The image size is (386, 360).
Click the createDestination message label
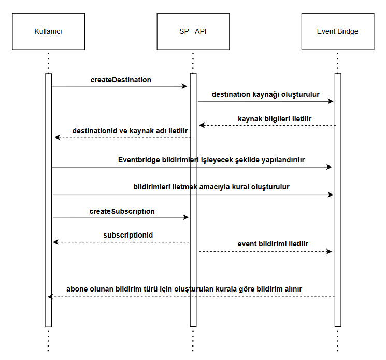[121, 80]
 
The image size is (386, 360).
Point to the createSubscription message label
[122, 212]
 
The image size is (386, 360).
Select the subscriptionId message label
[128, 235]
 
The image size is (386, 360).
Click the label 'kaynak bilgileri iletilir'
[275, 119]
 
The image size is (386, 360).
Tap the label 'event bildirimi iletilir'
[273, 244]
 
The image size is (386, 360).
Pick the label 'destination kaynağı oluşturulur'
[266, 94]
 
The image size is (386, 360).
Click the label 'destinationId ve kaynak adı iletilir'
[130, 131]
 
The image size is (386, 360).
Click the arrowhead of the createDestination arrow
[184, 86]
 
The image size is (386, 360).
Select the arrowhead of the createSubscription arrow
[186, 217]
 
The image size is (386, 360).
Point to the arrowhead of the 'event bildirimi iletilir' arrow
[329, 252]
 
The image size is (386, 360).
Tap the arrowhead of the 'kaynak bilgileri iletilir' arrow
[202, 126]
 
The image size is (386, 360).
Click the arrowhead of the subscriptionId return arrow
[55, 242]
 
